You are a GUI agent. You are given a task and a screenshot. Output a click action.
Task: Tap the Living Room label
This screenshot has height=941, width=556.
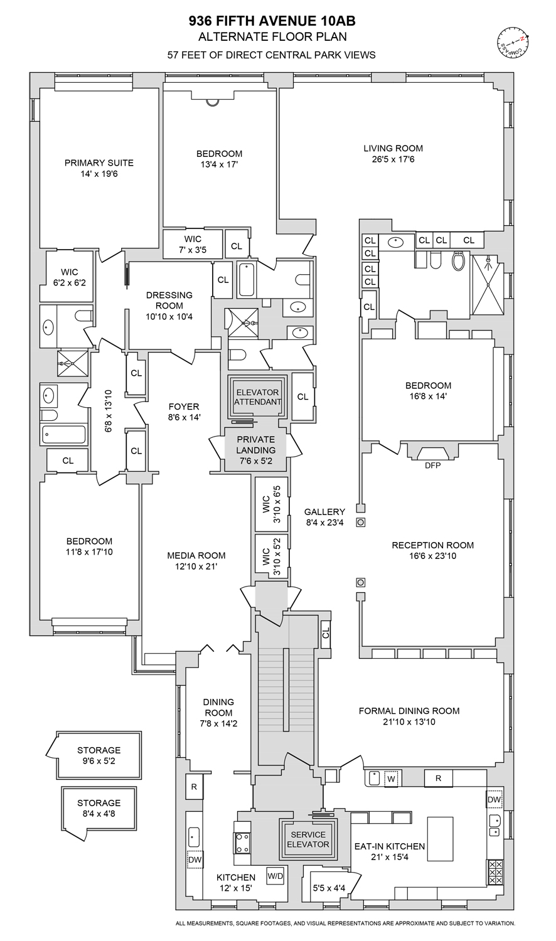pos(393,149)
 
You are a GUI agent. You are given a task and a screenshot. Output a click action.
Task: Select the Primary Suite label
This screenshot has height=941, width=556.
pos(99,163)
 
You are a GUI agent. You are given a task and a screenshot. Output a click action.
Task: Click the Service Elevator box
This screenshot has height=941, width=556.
pos(307,839)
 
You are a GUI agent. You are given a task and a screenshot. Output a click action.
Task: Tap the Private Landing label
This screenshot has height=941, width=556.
pos(255,445)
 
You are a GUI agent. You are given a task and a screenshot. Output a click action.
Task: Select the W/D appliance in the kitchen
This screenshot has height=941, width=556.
pos(275,875)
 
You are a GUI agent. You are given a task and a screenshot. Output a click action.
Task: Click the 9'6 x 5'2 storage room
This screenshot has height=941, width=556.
pos(99,755)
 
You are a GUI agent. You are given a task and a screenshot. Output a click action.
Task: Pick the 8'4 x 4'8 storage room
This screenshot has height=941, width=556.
pos(99,808)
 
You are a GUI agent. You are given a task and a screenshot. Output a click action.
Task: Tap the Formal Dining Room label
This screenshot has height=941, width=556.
pos(409,711)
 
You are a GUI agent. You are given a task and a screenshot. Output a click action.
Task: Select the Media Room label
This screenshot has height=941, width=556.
pos(196,555)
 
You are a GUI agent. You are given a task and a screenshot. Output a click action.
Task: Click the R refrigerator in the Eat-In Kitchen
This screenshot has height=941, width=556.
pos(439,779)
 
